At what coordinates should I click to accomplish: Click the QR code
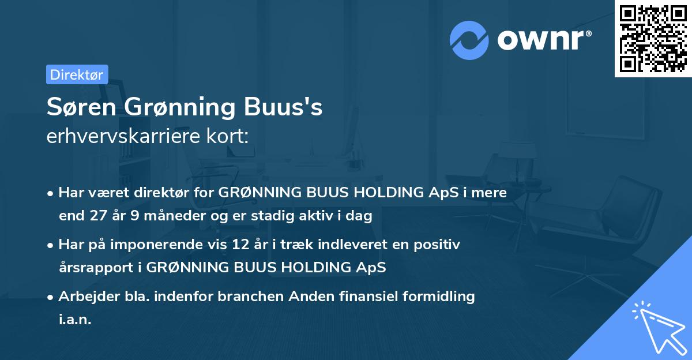click(653, 38)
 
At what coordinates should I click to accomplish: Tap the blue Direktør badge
click(77, 74)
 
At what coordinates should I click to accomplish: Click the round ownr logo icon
click(469, 40)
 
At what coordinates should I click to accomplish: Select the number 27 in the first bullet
click(96, 216)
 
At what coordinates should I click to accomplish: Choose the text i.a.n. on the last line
click(75, 319)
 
